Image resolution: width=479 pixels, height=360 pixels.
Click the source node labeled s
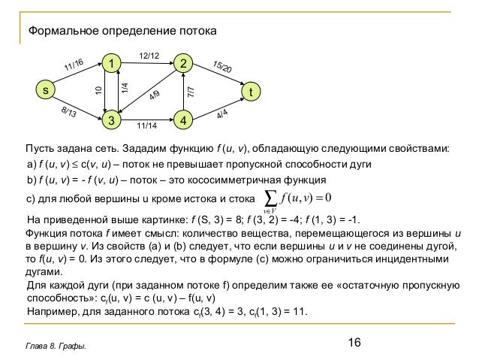[x=44, y=91]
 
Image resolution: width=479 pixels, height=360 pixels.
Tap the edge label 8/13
[x=68, y=113]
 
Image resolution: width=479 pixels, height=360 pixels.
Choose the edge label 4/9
[x=155, y=97]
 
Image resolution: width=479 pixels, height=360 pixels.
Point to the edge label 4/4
[x=222, y=114]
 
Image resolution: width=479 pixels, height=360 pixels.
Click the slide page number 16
[x=354, y=343]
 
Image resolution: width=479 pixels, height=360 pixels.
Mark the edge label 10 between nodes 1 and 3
[x=98, y=91]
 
